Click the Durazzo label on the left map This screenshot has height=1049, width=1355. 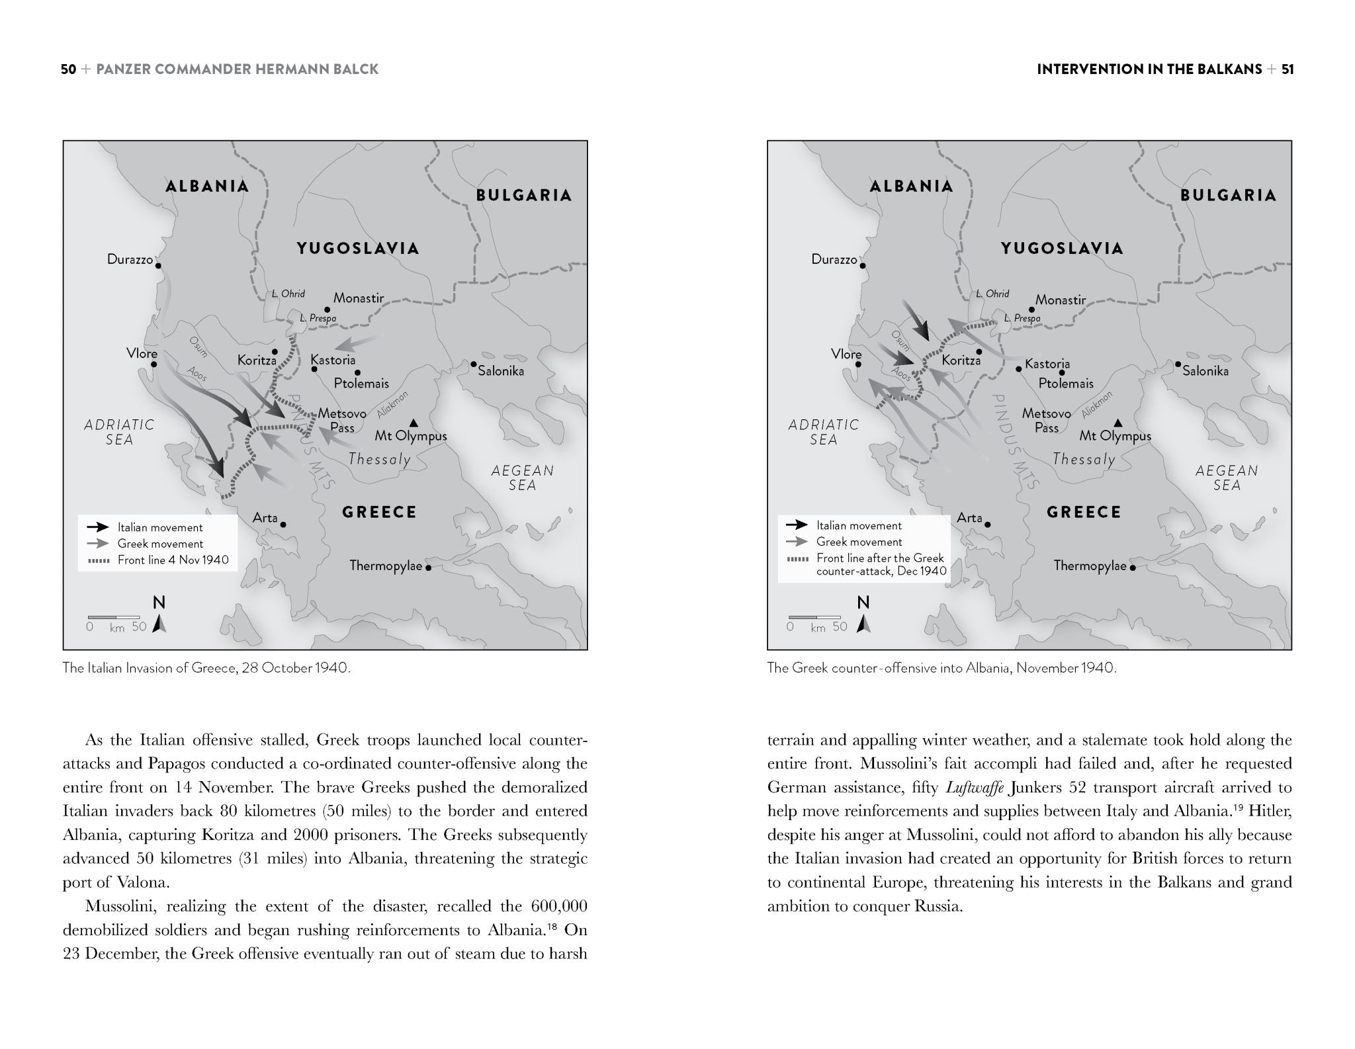pos(130,259)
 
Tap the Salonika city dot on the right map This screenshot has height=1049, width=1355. pos(1178,364)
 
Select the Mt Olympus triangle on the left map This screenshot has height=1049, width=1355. pos(414,423)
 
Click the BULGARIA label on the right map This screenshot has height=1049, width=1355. pos(1228,195)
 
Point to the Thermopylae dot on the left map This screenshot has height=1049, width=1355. pos(428,567)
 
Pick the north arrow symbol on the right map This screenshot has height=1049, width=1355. pos(863,624)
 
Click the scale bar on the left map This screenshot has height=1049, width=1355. pos(114,618)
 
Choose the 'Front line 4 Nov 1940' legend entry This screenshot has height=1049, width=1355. pos(173,560)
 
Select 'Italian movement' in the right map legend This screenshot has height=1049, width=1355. pos(858,526)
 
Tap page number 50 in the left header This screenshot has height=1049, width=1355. pos(68,69)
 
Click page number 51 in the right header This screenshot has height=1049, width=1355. pos(1287,69)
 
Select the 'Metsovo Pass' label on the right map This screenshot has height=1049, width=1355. pos(1046,420)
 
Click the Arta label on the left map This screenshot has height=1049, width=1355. pos(265,518)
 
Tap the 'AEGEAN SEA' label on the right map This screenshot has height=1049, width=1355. pos(1226,478)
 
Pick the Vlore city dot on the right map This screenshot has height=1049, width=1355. pos(858,364)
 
